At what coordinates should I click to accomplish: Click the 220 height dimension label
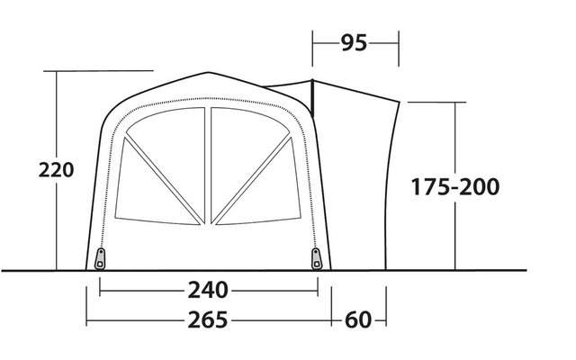pyautogui.click(x=56, y=170)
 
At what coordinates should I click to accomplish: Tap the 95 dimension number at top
pyautogui.click(x=354, y=42)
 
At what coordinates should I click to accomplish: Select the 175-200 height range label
pyautogui.click(x=455, y=186)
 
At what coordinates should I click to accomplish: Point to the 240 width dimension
pyautogui.click(x=208, y=290)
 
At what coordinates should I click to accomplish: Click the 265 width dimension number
pyautogui.click(x=208, y=319)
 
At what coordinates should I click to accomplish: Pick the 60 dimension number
pyautogui.click(x=358, y=319)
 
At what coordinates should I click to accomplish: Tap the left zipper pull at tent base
pyautogui.click(x=100, y=258)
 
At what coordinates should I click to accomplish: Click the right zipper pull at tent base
pyautogui.click(x=316, y=258)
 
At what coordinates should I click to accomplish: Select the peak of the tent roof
pyautogui.click(x=208, y=72)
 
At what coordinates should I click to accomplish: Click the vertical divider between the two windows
pyautogui.click(x=208, y=166)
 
